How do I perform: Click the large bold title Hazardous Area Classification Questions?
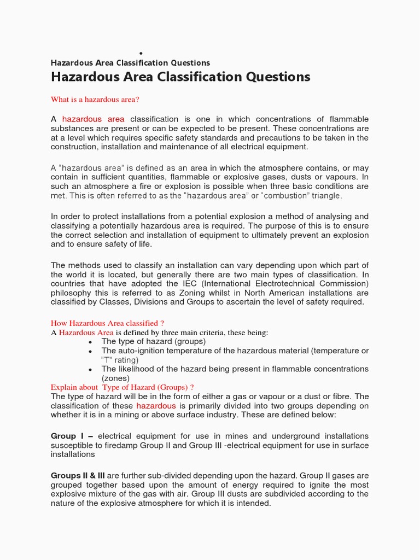pos(180,77)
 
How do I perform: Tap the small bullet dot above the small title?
pos(141,53)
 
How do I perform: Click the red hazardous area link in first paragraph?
pos(93,119)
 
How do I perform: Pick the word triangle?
pos(327,195)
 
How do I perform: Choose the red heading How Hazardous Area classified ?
pos(108,323)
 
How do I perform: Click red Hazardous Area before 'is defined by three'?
pos(86,332)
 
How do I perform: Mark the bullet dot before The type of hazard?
pos(90,342)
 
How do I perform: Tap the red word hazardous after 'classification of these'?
pos(156,406)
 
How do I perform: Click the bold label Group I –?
pos(72,436)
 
